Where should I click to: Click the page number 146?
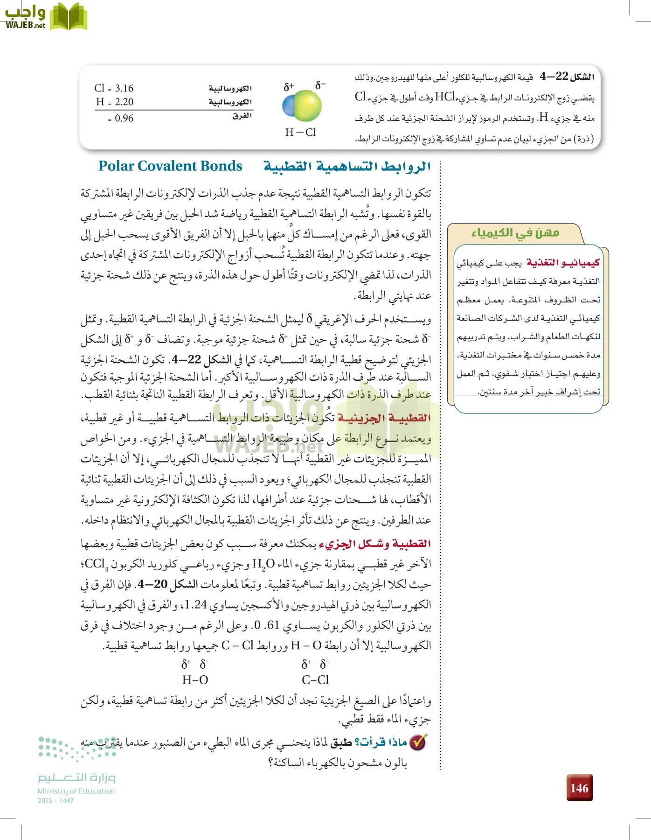click(579, 788)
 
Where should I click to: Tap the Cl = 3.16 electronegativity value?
click(114, 88)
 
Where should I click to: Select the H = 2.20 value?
click(115, 102)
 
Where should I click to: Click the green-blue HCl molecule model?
click(302, 107)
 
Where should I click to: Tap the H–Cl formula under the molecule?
click(300, 133)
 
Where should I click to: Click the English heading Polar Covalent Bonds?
click(170, 166)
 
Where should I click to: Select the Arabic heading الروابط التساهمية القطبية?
click(347, 166)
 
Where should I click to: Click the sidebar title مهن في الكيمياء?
click(515, 232)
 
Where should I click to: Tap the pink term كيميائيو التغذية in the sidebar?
click(563, 263)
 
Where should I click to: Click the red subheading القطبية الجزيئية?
click(384, 418)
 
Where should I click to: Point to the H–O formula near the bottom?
click(195, 680)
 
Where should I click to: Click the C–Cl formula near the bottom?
click(315, 680)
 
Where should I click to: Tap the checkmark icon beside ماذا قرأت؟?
click(418, 742)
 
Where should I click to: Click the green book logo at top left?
click(69, 17)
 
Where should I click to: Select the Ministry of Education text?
click(76, 791)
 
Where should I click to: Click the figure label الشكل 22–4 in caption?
click(567, 77)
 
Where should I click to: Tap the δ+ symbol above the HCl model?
click(289, 87)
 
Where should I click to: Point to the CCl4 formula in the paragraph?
click(96, 564)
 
